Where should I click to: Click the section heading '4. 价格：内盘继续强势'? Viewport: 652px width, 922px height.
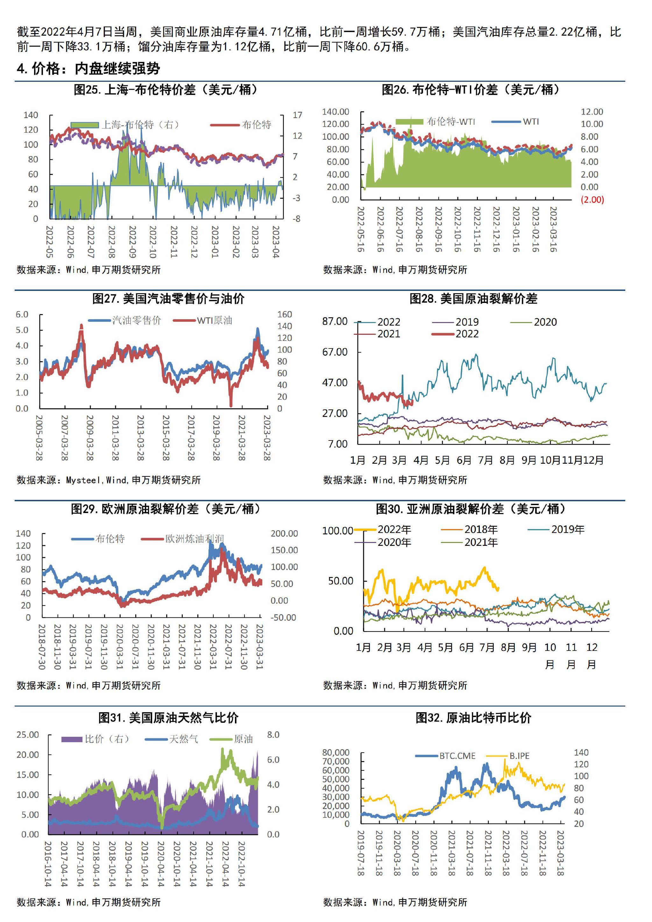[89, 69]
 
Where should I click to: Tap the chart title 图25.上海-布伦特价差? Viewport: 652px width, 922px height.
[166, 89]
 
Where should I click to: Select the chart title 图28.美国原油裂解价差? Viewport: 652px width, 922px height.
[473, 298]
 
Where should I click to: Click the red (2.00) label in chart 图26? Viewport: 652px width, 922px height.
[592, 200]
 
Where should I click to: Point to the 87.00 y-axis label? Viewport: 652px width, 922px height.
[335, 321]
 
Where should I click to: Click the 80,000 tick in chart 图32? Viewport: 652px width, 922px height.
[336, 752]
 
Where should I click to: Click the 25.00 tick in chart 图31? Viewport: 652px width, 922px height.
[28, 735]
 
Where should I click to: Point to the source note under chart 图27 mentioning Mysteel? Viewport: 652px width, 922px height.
[109, 480]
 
